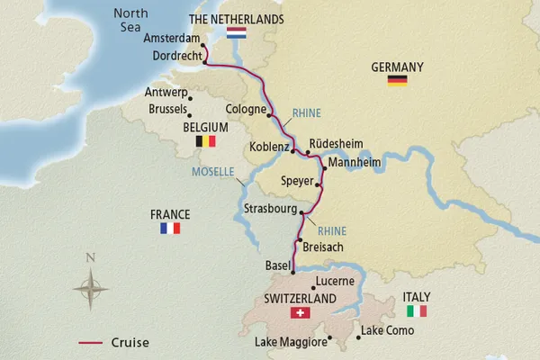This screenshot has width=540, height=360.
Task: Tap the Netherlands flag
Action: pyautogui.click(x=237, y=35)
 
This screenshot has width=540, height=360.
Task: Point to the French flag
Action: pyautogui.click(x=170, y=229)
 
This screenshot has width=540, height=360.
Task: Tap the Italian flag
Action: pyautogui.click(x=417, y=311)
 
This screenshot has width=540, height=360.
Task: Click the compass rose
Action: pyautogui.click(x=90, y=288)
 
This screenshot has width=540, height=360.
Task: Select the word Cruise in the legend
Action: pyautogui.click(x=130, y=342)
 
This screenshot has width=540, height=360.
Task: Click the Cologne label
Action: pyautogui.click(x=241, y=111)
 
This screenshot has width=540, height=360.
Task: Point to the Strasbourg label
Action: pyautogui.click(x=270, y=209)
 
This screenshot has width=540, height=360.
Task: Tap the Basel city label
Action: pyautogui.click(x=272, y=267)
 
